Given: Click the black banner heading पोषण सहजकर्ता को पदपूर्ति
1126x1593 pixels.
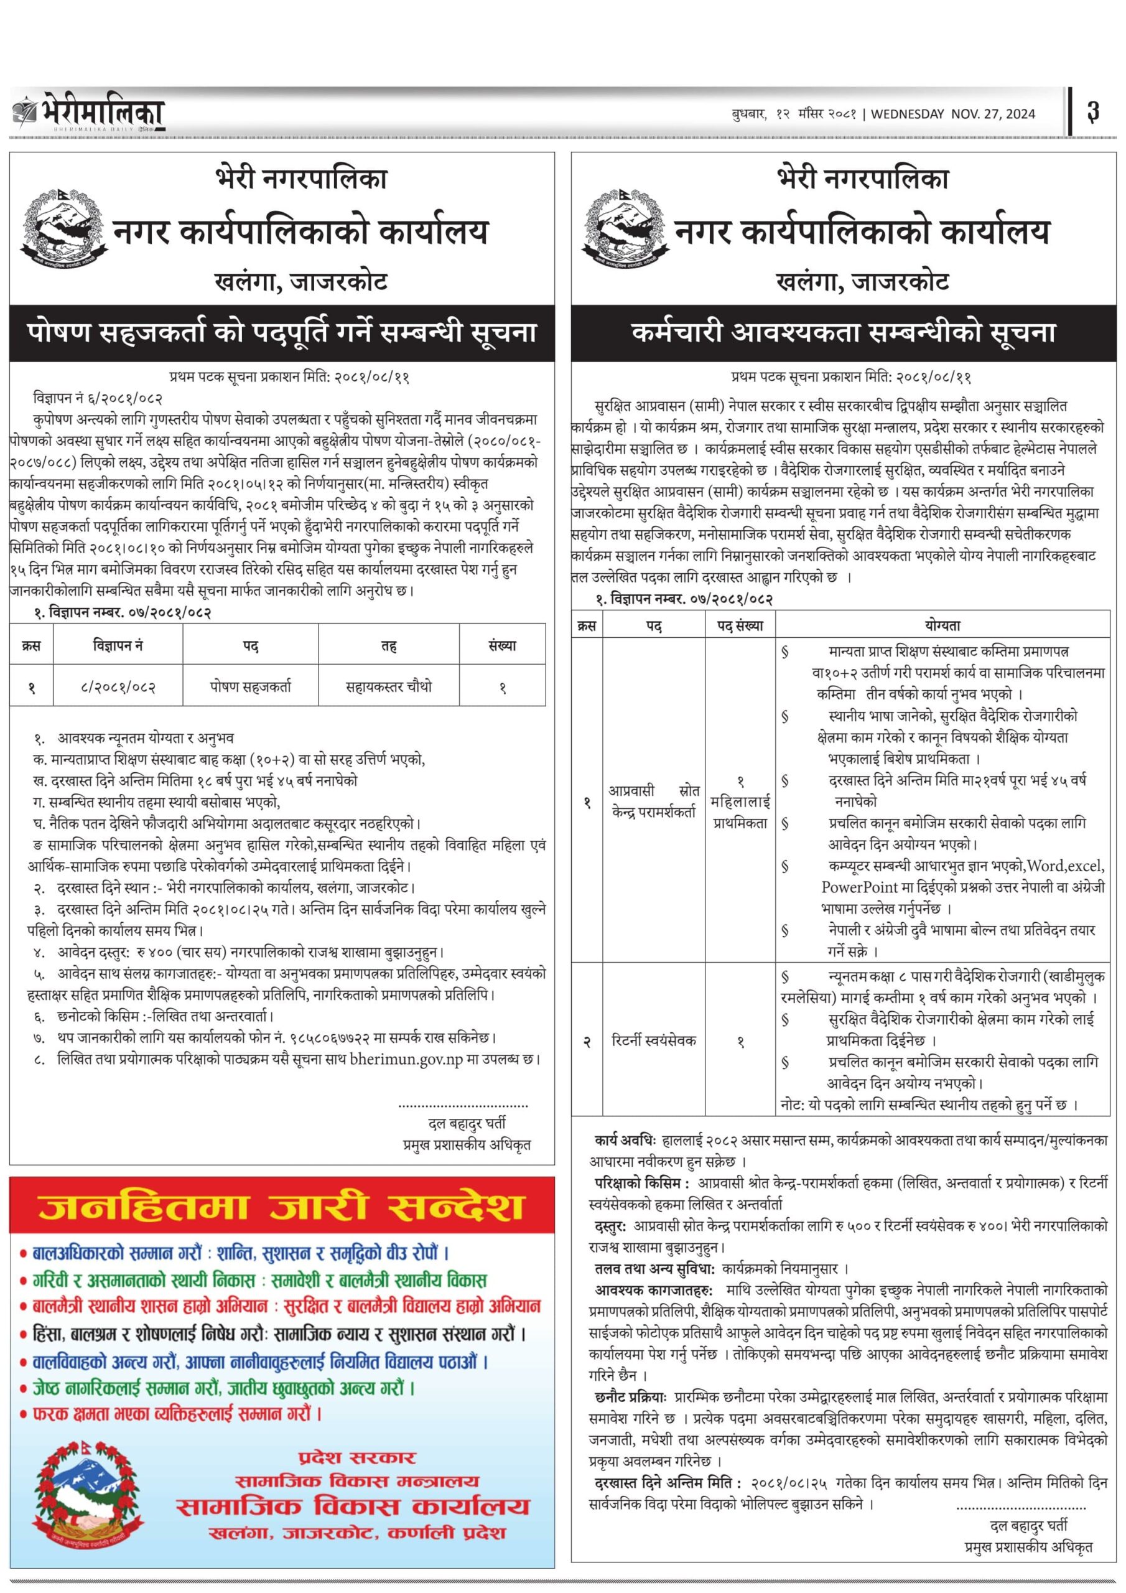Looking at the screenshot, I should click(x=282, y=332).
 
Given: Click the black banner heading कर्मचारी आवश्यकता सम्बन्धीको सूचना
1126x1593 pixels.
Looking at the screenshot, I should click(x=844, y=332).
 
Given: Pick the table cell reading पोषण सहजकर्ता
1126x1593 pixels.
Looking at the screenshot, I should click(x=251, y=686).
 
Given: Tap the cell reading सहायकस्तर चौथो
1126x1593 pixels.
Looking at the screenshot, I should click(x=389, y=686).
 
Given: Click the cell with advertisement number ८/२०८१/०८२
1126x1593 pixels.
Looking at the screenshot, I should click(x=118, y=687).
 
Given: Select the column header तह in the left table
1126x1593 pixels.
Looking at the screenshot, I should click(x=389, y=646).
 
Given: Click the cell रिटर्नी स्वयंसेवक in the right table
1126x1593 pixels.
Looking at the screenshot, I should click(x=654, y=1040).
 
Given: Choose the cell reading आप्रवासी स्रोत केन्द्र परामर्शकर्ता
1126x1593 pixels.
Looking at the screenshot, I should click(x=654, y=801).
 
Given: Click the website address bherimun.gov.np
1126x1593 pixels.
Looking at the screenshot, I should click(x=406, y=1060).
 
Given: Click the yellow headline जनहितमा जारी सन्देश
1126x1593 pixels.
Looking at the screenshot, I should click(x=281, y=1208).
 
